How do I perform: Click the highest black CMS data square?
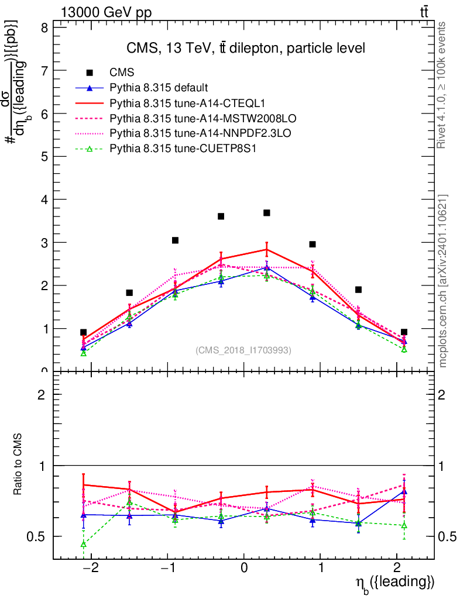[267, 213]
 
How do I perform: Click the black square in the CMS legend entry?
[90, 73]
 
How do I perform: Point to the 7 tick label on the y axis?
[44, 71]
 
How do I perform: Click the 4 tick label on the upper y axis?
[44, 199]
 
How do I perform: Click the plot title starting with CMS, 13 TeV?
[246, 49]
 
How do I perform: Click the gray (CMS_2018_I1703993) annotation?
[243, 350]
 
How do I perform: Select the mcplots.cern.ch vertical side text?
[443, 281]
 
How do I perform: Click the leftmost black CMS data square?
[84, 332]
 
